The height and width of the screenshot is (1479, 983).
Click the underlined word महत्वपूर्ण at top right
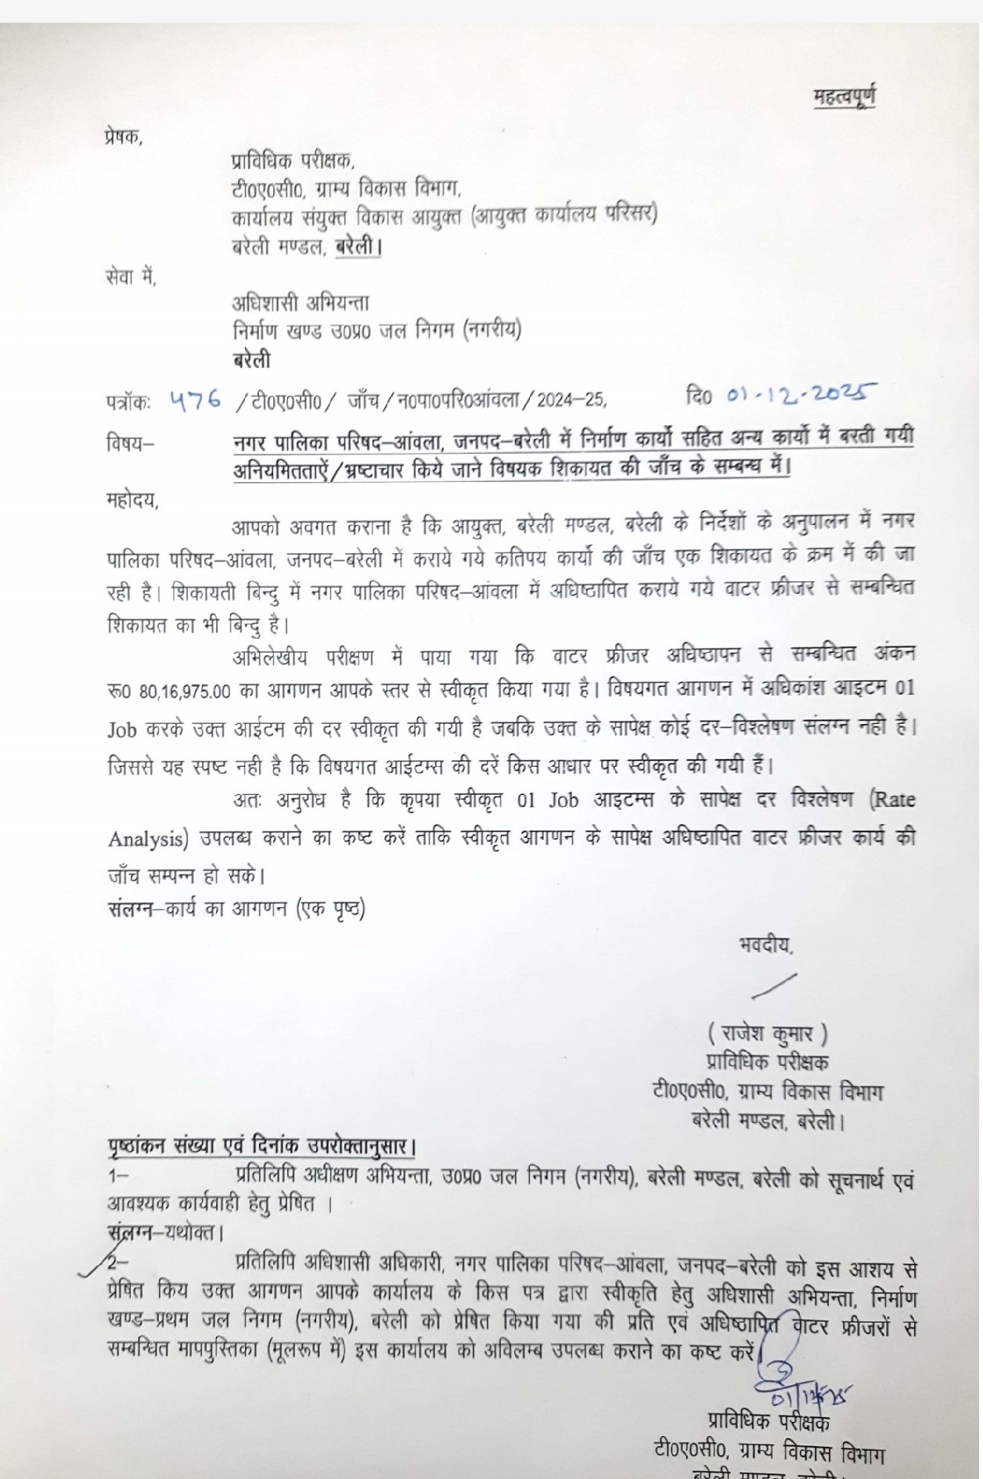coord(844,98)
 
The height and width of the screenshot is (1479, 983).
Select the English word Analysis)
coord(145,839)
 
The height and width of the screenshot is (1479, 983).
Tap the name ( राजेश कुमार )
coord(768,1035)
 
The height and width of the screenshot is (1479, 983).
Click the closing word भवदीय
coord(765,945)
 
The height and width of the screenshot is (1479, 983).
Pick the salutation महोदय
coord(132,502)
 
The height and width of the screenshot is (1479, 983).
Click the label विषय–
coord(131,444)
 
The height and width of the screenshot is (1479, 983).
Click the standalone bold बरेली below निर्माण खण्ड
coord(251,360)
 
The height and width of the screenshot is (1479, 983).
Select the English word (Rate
coord(891,800)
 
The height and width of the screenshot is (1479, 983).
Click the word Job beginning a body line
coord(123,729)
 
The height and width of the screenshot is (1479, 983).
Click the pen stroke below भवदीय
coord(773,985)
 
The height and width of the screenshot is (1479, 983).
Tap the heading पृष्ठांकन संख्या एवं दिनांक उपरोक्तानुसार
coord(261,1147)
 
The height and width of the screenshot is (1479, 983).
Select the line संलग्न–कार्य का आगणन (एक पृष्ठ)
coord(236,909)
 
